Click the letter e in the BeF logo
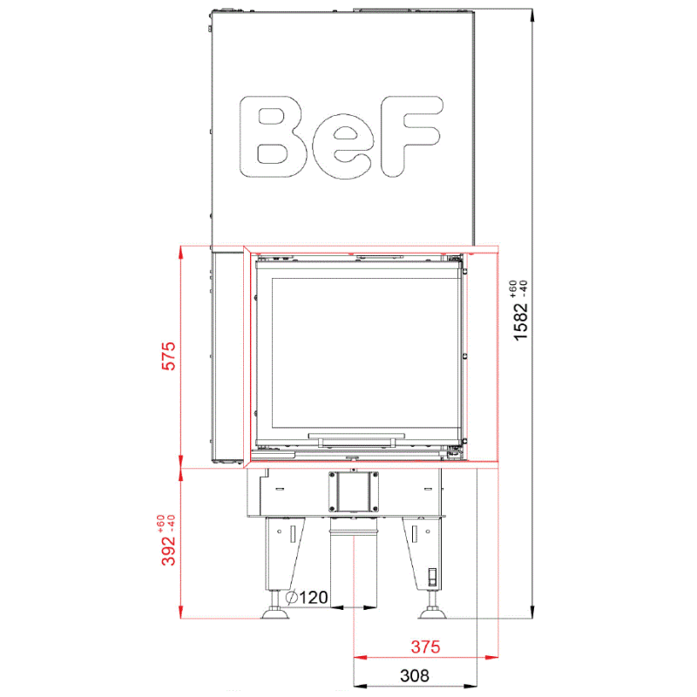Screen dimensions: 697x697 [342, 150]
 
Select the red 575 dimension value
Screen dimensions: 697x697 [168, 355]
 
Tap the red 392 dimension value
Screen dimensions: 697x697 [168, 551]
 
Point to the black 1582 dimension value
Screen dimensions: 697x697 [520, 321]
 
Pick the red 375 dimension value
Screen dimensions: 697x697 [425, 646]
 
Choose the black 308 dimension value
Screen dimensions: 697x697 [415, 676]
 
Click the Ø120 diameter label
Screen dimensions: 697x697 [307, 598]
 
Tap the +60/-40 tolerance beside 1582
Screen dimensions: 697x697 [518, 289]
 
